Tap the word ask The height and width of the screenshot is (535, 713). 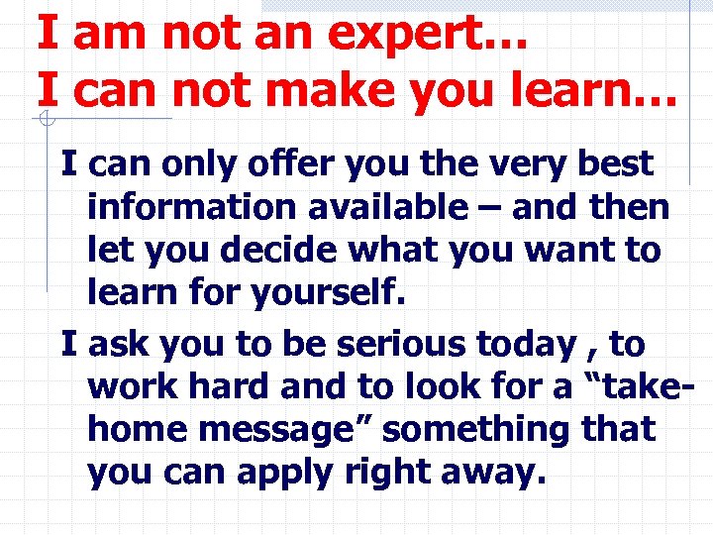tap(123, 345)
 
